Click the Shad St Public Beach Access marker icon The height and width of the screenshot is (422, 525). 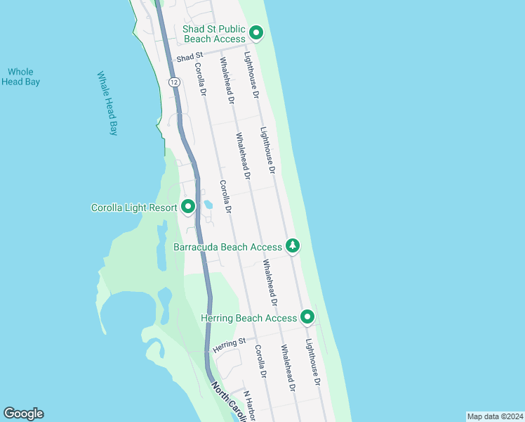[x=257, y=32]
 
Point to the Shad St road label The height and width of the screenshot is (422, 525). [x=190, y=55]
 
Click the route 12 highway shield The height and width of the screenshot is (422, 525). [x=173, y=82]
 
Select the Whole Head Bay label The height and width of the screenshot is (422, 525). [x=20, y=77]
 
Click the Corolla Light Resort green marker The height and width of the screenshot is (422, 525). [x=187, y=207]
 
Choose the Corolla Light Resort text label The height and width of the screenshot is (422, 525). [x=135, y=207]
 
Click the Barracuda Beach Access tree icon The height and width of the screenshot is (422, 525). [x=293, y=246]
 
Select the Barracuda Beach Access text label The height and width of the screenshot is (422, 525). [x=227, y=247]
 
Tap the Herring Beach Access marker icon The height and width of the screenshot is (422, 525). [x=307, y=318]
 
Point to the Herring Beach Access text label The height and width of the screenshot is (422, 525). [x=248, y=318]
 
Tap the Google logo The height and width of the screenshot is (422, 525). [x=23, y=414]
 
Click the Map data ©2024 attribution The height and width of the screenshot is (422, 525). [x=495, y=416]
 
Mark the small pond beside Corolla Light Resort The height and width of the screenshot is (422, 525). [x=208, y=205]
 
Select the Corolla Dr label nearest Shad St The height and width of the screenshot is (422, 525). [x=200, y=80]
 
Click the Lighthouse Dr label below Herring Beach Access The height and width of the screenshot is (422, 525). [x=312, y=362]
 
